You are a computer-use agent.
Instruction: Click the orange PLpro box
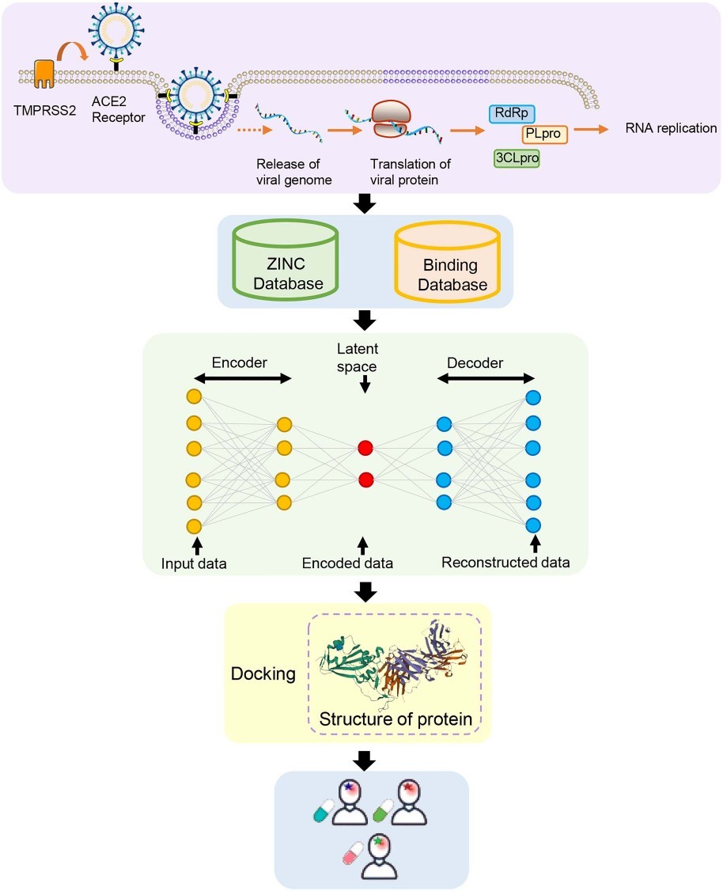tap(543, 134)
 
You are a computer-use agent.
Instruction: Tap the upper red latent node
tap(365, 448)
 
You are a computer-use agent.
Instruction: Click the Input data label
tap(195, 563)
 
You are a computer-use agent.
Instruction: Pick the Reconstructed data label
tap(505, 563)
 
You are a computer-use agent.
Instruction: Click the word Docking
tap(263, 674)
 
